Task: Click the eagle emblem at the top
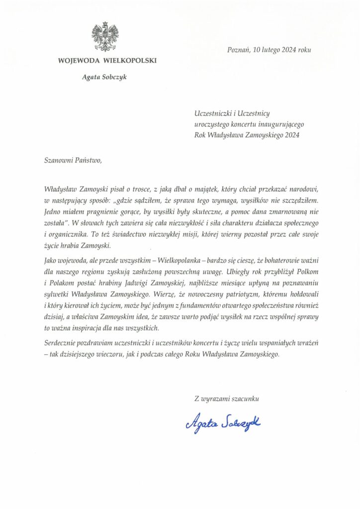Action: [105, 36]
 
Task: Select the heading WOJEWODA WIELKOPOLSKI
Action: [107, 61]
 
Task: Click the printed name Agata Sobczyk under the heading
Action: [105, 77]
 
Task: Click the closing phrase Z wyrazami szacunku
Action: [227, 398]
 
